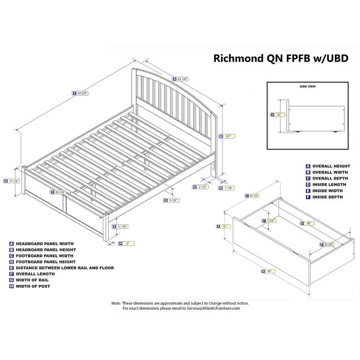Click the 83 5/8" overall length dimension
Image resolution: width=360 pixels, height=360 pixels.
(x=81, y=94)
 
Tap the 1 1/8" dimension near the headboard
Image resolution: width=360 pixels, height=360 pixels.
(x=227, y=188)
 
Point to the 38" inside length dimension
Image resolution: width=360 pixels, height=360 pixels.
(x=307, y=223)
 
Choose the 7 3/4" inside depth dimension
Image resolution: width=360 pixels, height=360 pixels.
(x=270, y=220)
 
